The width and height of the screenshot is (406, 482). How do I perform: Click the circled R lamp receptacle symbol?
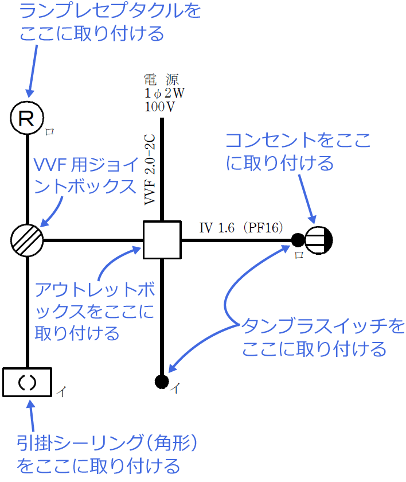[x=27, y=119]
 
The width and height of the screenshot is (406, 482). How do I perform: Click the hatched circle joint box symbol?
[x=27, y=239]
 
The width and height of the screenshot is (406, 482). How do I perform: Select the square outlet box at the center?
[x=162, y=240]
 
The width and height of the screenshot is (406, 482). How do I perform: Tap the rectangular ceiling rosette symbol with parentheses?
[x=27, y=382]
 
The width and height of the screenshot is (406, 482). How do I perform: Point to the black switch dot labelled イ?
[x=162, y=380]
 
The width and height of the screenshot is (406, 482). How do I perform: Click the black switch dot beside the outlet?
[x=298, y=240]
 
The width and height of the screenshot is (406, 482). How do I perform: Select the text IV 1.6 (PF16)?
[x=241, y=228]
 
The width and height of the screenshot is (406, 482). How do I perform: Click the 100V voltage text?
[x=160, y=106]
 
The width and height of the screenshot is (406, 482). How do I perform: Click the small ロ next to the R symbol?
[x=50, y=131]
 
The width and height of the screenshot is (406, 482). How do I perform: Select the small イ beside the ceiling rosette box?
[x=61, y=392]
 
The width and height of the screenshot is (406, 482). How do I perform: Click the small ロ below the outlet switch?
[x=299, y=254]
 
